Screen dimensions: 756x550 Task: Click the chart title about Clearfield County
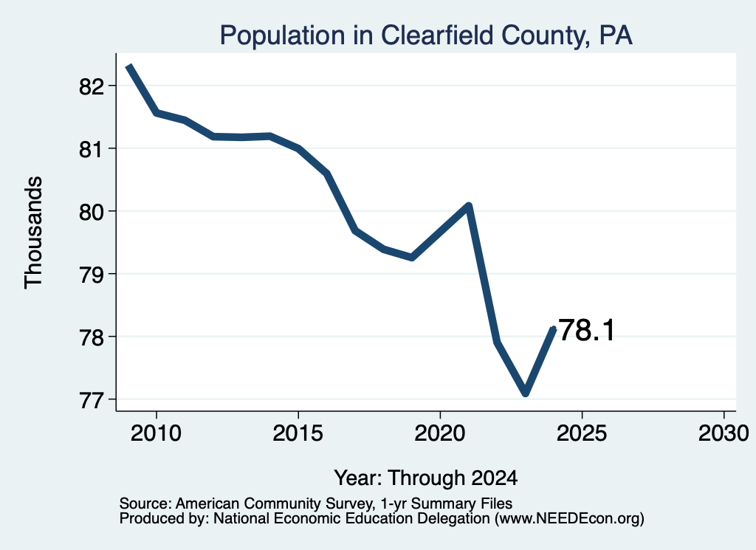[426, 35]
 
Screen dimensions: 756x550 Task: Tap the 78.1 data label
[586, 330]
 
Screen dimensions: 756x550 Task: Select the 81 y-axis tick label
[92, 149]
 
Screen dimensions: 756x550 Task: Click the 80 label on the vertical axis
[92, 212]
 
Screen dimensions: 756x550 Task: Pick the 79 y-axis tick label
[92, 275]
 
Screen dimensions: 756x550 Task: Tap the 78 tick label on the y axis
[92, 337]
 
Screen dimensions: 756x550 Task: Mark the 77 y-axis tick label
[92, 400]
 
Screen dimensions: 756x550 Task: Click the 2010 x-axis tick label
[156, 433]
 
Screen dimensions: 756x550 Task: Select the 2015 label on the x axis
[298, 433]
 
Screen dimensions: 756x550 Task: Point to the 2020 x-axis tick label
[440, 433]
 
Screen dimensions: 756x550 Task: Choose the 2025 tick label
[582, 433]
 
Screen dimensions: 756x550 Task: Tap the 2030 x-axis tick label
[724, 433]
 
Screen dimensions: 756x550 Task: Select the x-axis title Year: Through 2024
[426, 478]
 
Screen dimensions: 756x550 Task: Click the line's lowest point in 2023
[526, 393]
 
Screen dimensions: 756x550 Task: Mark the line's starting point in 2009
[128, 66]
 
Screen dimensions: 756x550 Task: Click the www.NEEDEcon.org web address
[569, 519]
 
